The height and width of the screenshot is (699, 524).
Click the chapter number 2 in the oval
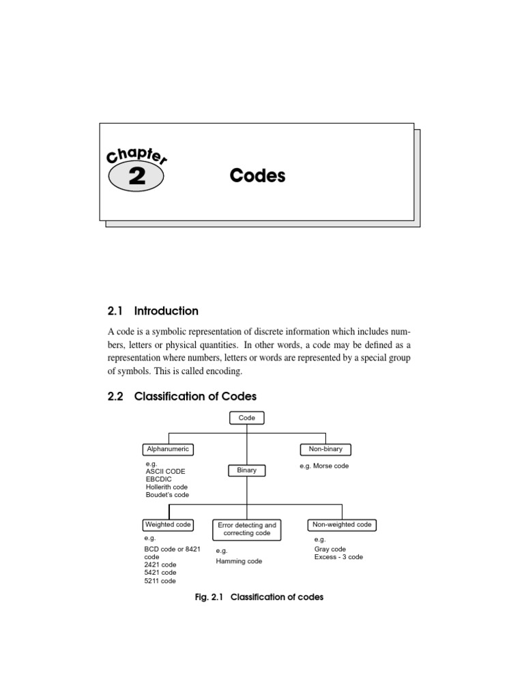coord(136,177)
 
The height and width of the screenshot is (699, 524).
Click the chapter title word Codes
coord(257,176)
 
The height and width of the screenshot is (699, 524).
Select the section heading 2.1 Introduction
coord(153,311)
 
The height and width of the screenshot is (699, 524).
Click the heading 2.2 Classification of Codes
coord(182,396)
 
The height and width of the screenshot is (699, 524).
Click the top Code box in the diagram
coord(247,418)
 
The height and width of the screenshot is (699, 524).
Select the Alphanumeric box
coord(167,449)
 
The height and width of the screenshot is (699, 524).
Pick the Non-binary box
coord(326,449)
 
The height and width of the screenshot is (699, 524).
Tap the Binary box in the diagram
coord(246,470)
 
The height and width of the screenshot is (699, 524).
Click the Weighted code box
coord(168,525)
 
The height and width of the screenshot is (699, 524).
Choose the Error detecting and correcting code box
coord(247,529)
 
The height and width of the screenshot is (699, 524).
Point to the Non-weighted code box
coord(342,525)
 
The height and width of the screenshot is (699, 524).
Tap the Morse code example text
coord(324,466)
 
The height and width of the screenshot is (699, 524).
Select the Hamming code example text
coord(239,561)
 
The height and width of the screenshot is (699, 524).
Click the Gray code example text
coord(330,549)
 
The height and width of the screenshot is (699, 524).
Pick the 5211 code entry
coord(160,581)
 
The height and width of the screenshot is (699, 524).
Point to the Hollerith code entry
coord(166,487)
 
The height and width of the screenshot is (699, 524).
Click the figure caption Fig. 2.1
coord(210,597)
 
